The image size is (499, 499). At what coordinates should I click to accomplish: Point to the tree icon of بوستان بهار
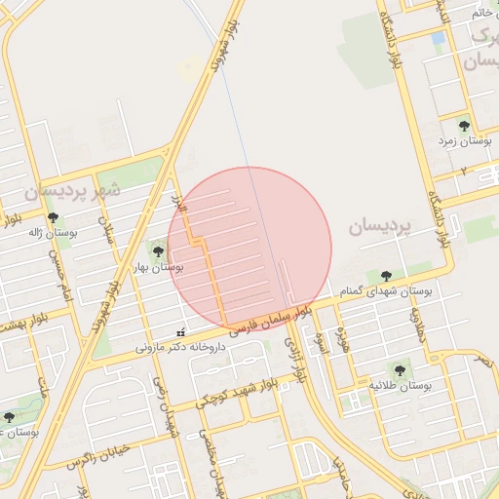point(158,251)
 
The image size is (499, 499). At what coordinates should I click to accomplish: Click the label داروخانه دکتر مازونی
point(180,346)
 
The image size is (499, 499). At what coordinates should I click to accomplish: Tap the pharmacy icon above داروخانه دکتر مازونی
point(179,332)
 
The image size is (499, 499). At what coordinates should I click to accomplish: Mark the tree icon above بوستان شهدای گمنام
point(386,276)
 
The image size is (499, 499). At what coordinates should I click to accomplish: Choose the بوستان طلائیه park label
point(400,386)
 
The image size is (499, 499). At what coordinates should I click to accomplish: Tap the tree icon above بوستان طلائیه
point(398,369)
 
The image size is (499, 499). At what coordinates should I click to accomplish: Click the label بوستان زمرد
point(464,141)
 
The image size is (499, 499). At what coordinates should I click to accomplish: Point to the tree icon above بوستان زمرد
point(464,126)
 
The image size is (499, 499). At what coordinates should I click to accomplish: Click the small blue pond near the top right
point(439,37)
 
